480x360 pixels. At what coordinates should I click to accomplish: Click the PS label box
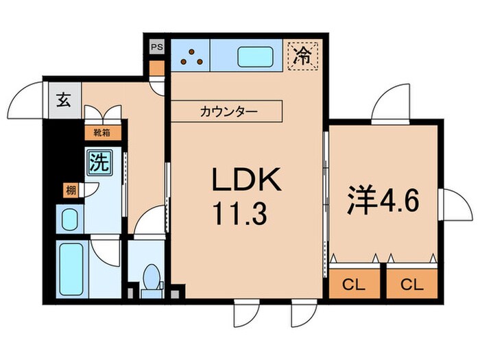[157, 48]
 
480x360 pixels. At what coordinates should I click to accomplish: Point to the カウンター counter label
[226, 110]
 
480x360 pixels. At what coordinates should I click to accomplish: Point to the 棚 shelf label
[71, 191]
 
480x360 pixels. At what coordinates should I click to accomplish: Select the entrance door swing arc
[31, 96]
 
